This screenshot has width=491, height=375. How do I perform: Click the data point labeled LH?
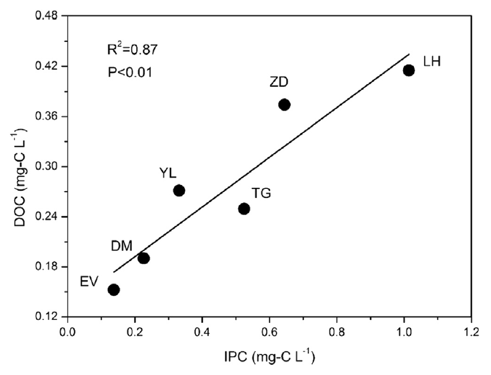(x=409, y=70)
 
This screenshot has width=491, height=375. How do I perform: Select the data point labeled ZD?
(x=285, y=104)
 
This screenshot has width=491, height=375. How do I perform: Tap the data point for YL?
(x=179, y=190)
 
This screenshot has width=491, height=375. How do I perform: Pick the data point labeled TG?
(x=244, y=208)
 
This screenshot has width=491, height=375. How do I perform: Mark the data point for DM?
(x=144, y=258)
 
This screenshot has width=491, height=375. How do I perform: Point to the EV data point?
(x=114, y=289)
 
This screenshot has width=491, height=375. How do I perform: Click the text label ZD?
(x=279, y=82)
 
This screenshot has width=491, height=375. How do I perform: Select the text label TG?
(x=261, y=193)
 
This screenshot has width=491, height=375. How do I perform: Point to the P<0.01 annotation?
(x=130, y=73)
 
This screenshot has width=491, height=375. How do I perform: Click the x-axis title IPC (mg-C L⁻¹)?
(x=269, y=358)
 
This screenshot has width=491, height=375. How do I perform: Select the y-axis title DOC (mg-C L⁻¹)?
(x=17, y=166)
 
